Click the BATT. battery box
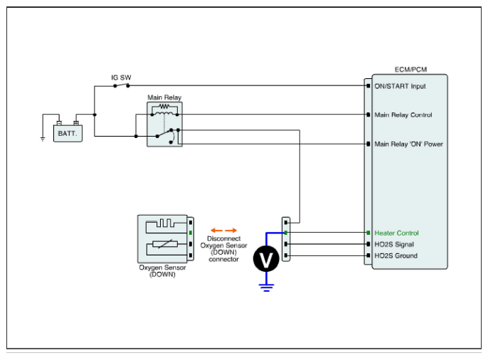[x=68, y=132]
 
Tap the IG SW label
[x=121, y=77]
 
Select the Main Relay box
[x=164, y=125]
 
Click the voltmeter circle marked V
[x=267, y=260]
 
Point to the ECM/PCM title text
[x=410, y=70]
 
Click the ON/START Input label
[x=400, y=86]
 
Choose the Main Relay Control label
[x=403, y=115]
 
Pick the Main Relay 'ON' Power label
[x=408, y=144]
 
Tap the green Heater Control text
[x=396, y=233]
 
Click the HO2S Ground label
[x=396, y=256]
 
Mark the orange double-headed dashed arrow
[x=223, y=231]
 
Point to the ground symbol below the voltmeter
[x=267, y=287]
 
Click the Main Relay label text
[x=164, y=97]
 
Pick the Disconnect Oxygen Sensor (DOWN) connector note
[x=223, y=249]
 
